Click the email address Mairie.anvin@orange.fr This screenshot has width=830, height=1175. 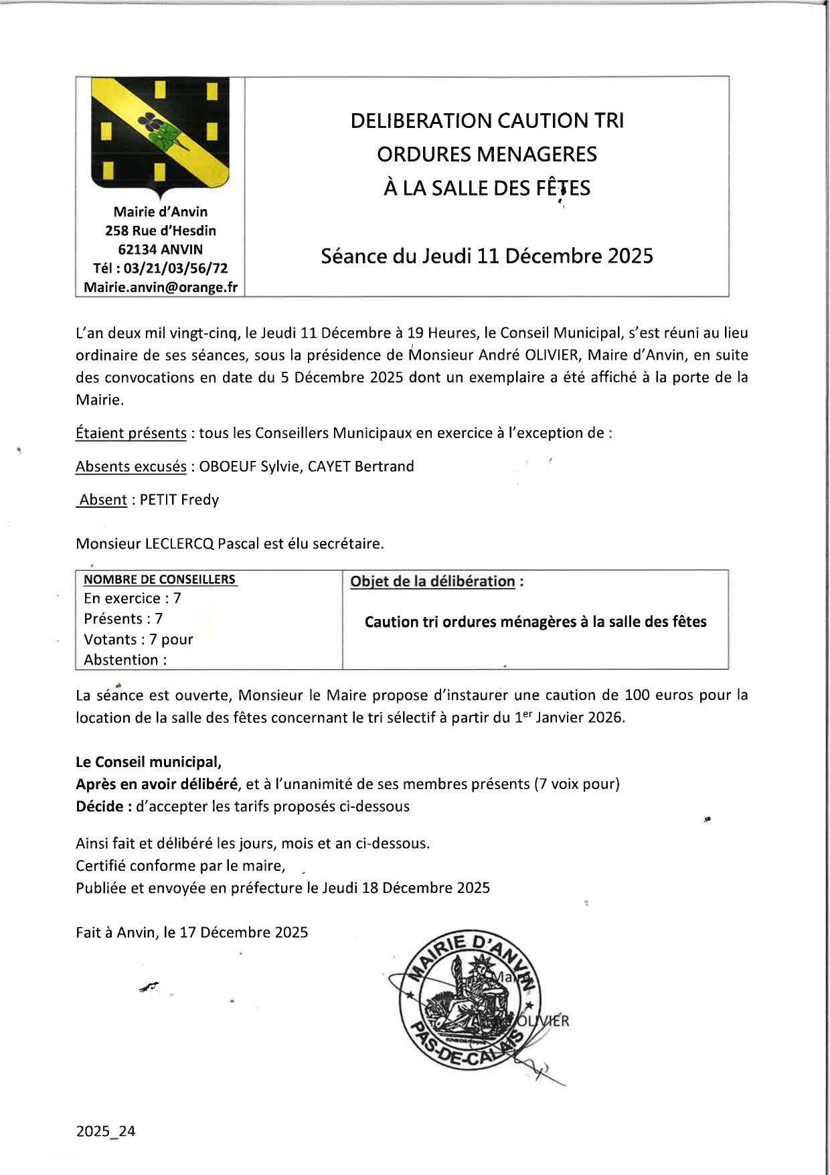[161, 287]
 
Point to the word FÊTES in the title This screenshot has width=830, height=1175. [563, 188]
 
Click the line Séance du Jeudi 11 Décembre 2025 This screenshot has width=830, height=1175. [487, 257]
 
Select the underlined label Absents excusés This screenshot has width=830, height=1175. [131, 467]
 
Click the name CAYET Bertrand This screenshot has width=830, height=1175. [361, 467]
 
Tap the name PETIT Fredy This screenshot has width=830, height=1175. [179, 500]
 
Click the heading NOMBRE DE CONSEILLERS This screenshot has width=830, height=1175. [159, 580]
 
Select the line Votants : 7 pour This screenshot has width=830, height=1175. [139, 640]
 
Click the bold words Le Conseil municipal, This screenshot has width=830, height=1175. [149, 762]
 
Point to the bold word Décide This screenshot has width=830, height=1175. [99, 807]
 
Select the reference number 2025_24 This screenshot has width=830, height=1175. [106, 1131]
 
